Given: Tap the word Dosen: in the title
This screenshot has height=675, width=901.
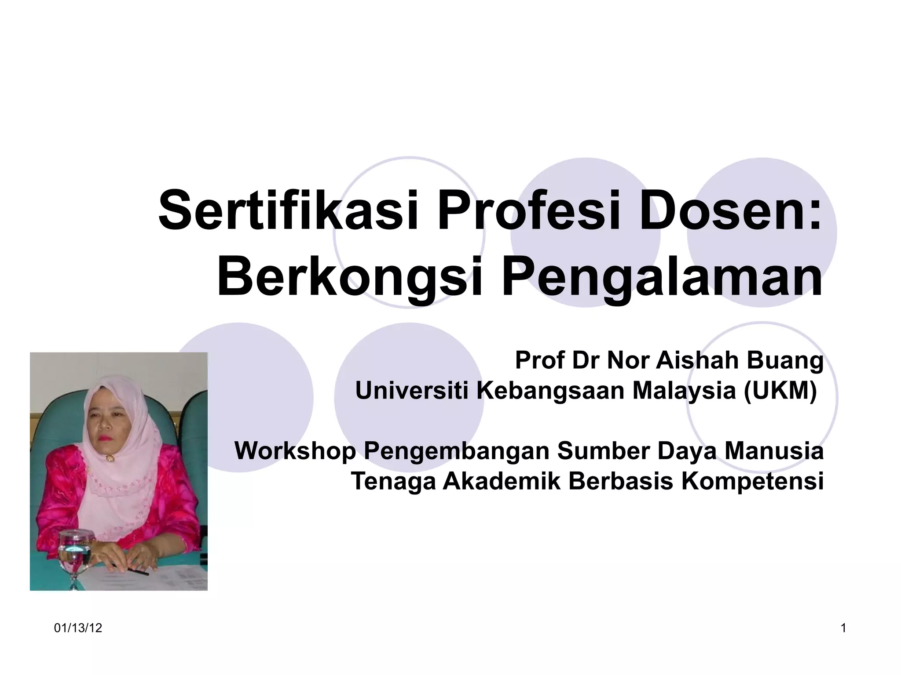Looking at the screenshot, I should (730, 210).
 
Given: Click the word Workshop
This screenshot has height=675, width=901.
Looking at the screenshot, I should (295, 451).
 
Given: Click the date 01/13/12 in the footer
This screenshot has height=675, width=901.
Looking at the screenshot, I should (78, 628).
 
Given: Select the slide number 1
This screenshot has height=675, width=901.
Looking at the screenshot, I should (843, 628).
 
